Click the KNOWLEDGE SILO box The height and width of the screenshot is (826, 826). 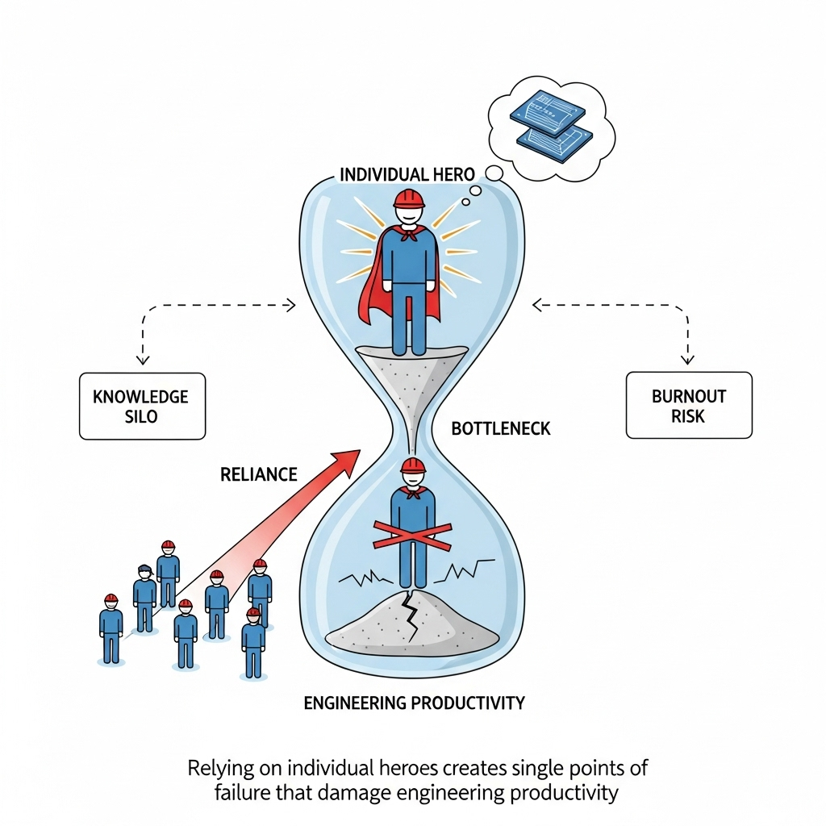tap(142, 406)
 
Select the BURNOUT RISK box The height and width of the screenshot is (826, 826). tap(688, 405)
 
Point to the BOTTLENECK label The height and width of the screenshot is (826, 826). tap(501, 428)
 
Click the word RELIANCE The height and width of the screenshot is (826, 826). tap(259, 474)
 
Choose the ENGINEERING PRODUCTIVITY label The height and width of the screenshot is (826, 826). tap(414, 703)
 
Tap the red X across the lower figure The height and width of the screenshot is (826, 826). tap(412, 535)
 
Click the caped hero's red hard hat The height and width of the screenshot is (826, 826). tap(409, 198)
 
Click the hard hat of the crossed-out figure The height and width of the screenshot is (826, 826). tap(413, 465)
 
